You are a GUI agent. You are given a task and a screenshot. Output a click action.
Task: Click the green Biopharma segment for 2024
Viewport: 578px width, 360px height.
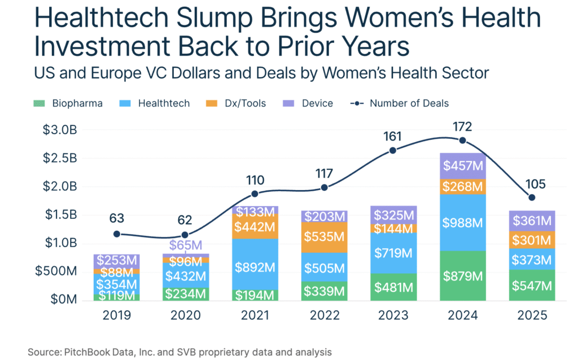tap(462, 275)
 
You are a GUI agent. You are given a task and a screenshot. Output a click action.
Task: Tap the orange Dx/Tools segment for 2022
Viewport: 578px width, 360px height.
tap(323, 237)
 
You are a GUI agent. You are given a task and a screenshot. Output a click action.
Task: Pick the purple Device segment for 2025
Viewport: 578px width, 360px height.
tap(531, 221)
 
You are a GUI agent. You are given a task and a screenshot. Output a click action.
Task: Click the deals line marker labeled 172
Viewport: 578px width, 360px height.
tap(463, 141)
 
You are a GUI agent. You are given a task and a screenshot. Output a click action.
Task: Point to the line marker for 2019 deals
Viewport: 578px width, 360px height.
tap(117, 234)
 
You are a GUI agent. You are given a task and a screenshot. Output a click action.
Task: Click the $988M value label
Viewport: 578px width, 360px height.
tap(462, 223)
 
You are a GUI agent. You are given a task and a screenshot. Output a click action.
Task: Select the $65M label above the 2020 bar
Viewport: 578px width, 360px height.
tap(185, 245)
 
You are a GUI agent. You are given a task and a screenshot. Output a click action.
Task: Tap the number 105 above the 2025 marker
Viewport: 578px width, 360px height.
tap(531, 183)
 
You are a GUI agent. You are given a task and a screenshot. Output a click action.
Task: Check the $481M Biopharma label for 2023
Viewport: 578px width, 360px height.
tap(393, 287)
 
